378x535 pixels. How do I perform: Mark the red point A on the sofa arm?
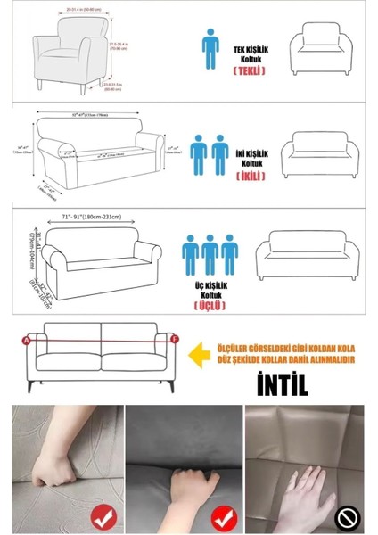pos(26,340)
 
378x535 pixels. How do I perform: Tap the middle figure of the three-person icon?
pos(210,255)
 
